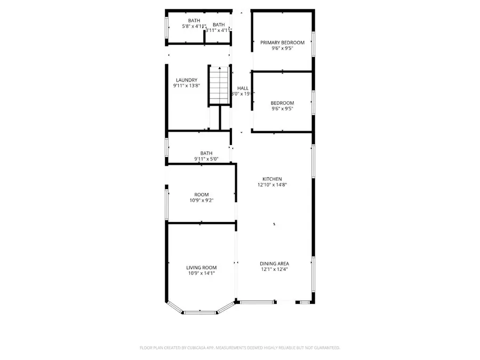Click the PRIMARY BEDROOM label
282,43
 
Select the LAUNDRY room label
187,80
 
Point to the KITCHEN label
272,179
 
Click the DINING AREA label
274,263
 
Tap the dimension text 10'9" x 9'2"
201,201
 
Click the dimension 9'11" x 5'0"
206,159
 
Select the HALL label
243,89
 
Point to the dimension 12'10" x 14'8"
272,185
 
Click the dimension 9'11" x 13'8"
187,86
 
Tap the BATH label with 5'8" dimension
186,20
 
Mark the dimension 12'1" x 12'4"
274,269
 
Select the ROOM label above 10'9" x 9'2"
201,195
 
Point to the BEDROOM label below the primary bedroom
282,103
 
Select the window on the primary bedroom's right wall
314,47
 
